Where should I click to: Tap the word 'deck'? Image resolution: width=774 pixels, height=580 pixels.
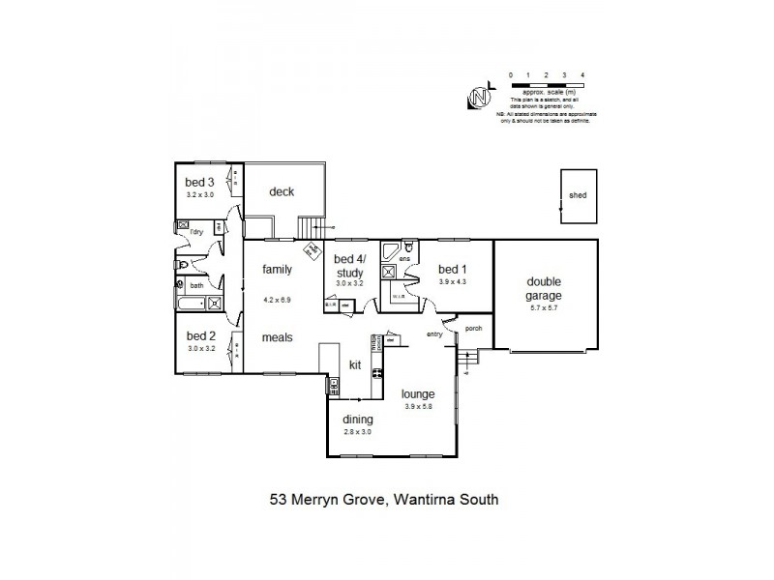[282, 191]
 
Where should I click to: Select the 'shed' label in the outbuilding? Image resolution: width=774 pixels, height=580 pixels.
[578, 195]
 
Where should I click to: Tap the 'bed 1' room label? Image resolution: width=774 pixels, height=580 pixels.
[453, 269]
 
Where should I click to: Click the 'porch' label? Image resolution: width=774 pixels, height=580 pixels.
[473, 329]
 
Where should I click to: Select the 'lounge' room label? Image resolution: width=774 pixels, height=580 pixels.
[420, 394]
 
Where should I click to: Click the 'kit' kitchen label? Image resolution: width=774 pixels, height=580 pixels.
[355, 364]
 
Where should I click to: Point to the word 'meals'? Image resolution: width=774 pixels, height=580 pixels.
[277, 337]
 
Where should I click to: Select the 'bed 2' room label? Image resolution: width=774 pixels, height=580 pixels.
[202, 336]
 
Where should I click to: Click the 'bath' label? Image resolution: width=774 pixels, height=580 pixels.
[196, 285]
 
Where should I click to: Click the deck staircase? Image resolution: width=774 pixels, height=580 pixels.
[309, 228]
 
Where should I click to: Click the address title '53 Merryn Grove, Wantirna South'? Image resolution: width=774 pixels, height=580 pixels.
[383, 500]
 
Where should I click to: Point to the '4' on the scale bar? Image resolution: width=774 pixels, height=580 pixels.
[581, 74]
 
